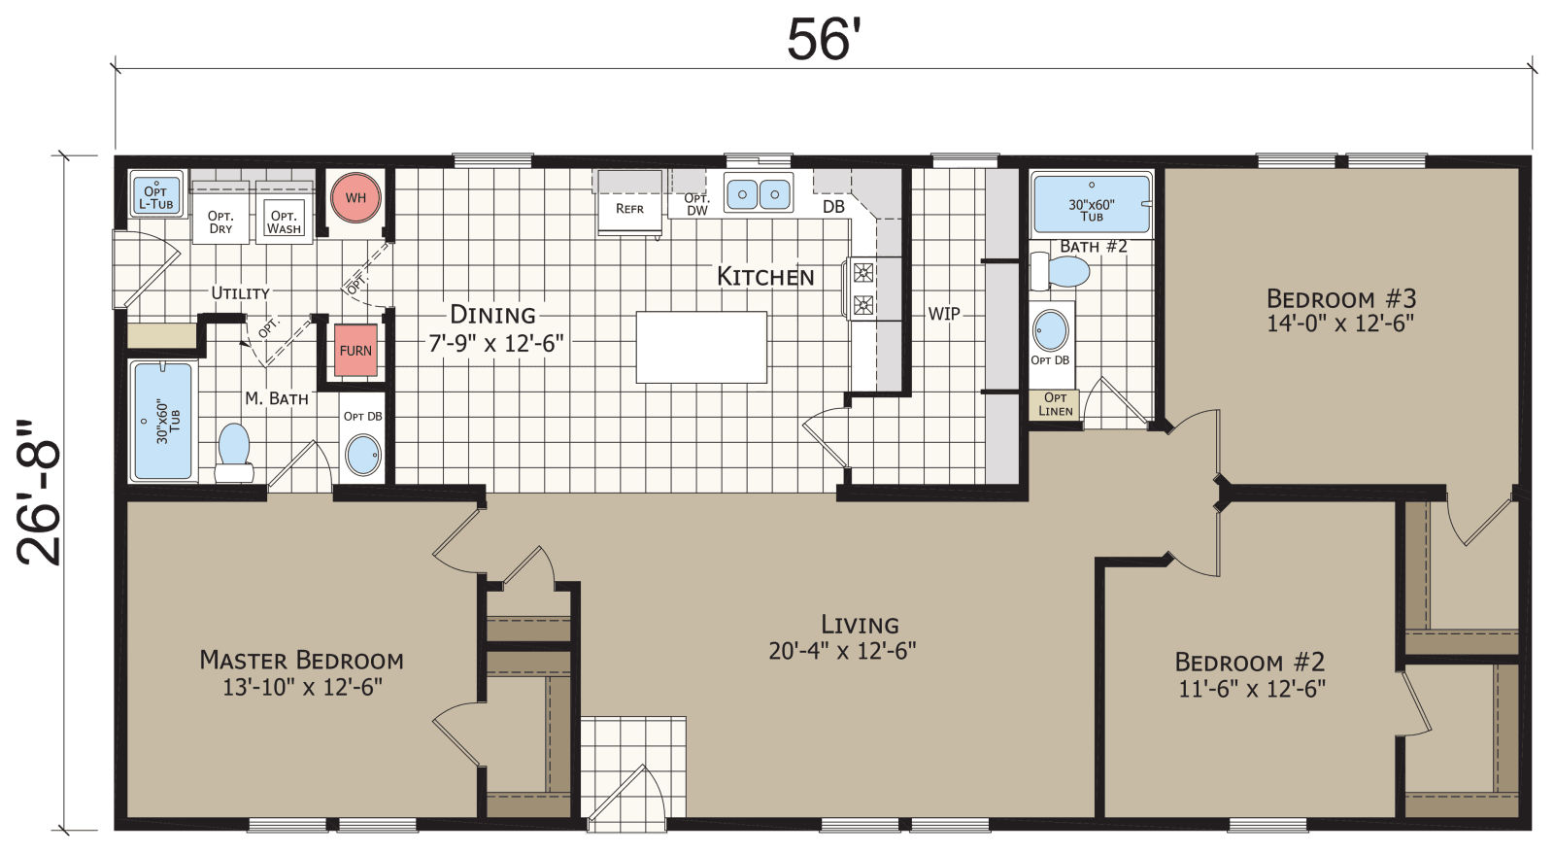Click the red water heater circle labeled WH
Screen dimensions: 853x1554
[355, 197]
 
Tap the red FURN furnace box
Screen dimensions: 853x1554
[355, 350]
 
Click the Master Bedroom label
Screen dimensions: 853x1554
[301, 661]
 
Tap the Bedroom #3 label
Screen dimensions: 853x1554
[1340, 298]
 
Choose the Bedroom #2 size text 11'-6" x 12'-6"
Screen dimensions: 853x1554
[1251, 690]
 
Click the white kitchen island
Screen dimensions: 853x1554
[701, 347]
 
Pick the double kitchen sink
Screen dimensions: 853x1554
[758, 194]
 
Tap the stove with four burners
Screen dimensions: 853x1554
[862, 289]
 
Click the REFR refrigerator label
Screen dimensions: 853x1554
[629, 208]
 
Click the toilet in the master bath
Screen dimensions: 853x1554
[233, 453]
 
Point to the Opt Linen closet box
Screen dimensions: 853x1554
[1055, 404]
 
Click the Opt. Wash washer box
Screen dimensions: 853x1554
[284, 222]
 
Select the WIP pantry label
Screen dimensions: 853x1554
[944, 314]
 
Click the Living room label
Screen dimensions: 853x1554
[860, 625]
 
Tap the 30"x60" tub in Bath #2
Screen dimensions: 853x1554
[1092, 205]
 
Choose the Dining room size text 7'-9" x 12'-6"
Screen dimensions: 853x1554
[496, 343]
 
